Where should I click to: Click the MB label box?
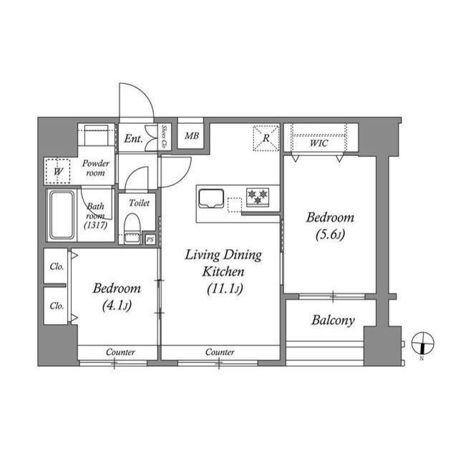pos(192,135)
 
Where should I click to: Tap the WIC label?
pos(319,143)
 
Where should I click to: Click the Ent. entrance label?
pos(133,139)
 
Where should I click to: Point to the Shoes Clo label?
pos(164,136)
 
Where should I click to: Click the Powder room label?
pos(96,168)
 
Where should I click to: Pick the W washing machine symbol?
pos(58,171)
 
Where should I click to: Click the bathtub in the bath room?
pos(62,215)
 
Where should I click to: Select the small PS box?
pos(150,240)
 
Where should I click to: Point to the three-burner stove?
pos(258,195)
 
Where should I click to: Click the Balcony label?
pos(333,321)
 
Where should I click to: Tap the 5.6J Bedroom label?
pos(329,225)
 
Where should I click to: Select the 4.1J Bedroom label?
pos(117,297)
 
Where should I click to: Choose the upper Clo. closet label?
pos(57,266)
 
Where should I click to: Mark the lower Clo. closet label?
pos(57,306)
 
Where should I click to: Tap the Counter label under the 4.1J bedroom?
pos(121,352)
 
